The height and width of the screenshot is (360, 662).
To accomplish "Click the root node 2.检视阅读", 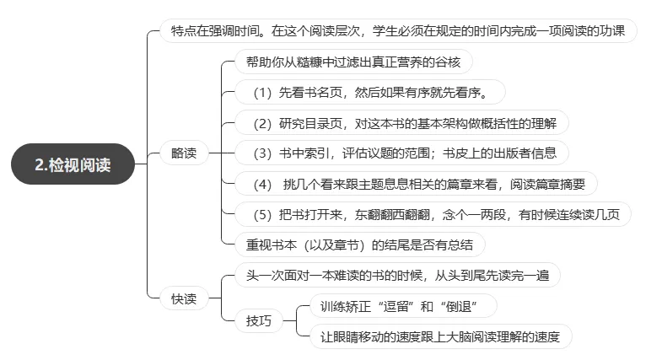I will coord(73,165).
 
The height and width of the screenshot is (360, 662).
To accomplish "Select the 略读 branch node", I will coord(183,153).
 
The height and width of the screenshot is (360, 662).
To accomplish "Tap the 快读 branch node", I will coord(183,298).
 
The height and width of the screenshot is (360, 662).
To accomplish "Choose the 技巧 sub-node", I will coord(259,321).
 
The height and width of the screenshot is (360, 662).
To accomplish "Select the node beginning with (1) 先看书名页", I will coord(374,91).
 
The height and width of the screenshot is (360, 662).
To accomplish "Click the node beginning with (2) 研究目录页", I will coord(401,123).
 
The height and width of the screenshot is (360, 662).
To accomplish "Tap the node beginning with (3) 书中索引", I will coord(401,153).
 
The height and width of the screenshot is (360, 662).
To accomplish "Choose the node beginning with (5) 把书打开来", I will coord(431,214).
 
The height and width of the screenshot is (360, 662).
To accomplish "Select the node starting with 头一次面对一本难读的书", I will coord(396,275).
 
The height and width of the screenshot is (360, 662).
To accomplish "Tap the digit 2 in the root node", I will coord(40,165).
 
